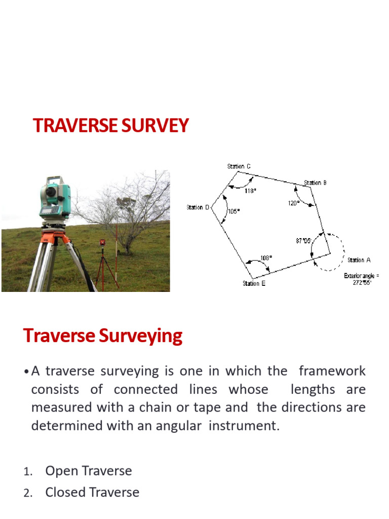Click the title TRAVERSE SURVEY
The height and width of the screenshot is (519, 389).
(x=111, y=126)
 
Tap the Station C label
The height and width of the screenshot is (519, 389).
(x=239, y=166)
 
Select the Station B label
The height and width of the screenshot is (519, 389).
(x=315, y=182)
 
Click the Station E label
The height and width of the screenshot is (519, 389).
(x=254, y=283)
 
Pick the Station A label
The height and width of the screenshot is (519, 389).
(x=359, y=260)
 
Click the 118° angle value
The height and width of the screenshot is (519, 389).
(x=251, y=191)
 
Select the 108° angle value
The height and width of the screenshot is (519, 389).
(x=266, y=257)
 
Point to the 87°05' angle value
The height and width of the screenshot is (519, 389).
(x=303, y=241)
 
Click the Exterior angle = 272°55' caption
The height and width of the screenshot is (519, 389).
(x=362, y=279)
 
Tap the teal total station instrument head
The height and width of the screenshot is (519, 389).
(x=54, y=195)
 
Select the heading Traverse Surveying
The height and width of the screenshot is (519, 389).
(x=103, y=336)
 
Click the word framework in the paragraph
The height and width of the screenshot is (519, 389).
(x=332, y=371)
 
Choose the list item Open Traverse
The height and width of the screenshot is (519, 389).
(x=89, y=471)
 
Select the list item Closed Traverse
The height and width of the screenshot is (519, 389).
(x=92, y=492)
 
